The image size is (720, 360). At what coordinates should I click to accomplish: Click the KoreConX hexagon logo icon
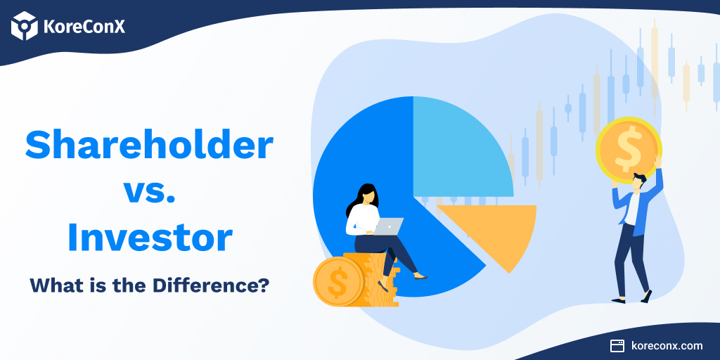tap(25, 26)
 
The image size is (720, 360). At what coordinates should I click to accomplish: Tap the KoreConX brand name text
tap(84, 27)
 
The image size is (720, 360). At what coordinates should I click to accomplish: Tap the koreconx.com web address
tap(667, 346)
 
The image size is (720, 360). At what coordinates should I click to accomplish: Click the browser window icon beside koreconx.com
tap(617, 346)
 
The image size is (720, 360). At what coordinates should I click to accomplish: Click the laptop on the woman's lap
tap(387, 226)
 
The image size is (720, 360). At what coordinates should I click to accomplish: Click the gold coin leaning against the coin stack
tap(338, 281)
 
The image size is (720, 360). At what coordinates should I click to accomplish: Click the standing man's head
tap(638, 181)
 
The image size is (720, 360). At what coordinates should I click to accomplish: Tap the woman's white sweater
tap(363, 220)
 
